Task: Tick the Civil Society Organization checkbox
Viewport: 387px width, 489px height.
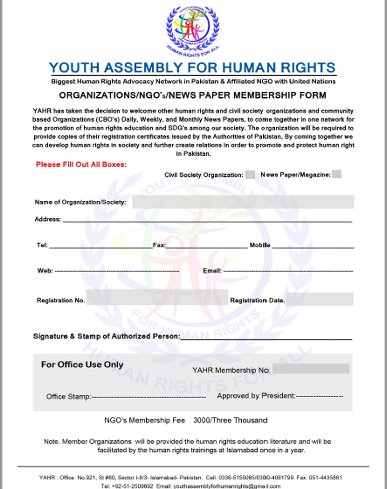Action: tap(250, 175)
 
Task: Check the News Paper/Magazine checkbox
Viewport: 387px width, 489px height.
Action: tap(336, 174)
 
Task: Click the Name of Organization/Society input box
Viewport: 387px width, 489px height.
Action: tap(243, 202)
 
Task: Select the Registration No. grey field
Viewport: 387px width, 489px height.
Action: tap(156, 297)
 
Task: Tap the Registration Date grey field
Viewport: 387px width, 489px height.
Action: tap(320, 299)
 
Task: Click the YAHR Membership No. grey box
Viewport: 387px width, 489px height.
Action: tap(310, 369)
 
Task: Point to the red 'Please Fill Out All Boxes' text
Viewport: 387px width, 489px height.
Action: tap(81, 165)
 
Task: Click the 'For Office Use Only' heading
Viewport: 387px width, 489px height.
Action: tap(82, 364)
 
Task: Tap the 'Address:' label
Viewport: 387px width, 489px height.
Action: tap(48, 219)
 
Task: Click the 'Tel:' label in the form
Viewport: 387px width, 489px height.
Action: tap(42, 245)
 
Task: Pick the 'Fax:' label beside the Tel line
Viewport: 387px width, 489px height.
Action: tap(159, 245)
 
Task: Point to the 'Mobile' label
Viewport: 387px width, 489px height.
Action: tap(260, 245)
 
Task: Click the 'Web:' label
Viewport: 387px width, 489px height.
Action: tap(44, 271)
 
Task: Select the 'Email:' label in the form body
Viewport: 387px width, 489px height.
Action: tap(212, 271)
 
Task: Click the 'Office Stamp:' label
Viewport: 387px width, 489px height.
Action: tap(68, 397)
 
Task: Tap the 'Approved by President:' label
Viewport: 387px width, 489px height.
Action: tap(256, 396)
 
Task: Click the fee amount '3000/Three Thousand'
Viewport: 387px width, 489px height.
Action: tap(230, 420)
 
